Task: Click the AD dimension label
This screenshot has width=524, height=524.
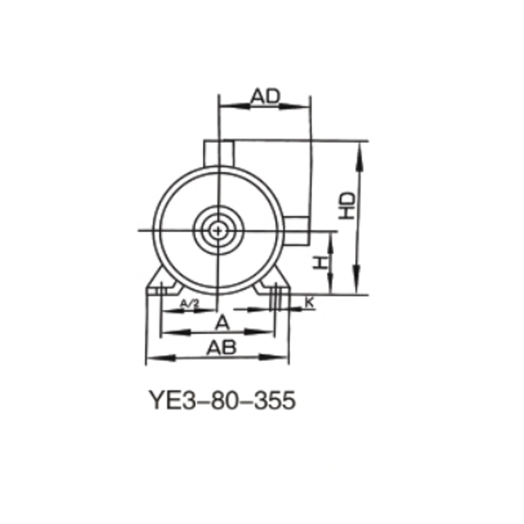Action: click(x=266, y=96)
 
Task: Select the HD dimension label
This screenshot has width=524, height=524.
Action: click(x=348, y=206)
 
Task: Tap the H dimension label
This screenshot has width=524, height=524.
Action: click(x=318, y=263)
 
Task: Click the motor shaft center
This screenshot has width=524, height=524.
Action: click(x=217, y=230)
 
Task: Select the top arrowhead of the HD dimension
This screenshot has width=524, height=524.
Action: click(x=358, y=147)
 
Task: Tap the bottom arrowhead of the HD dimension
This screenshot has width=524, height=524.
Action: click(x=358, y=289)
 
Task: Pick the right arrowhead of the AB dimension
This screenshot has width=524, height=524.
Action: click(x=283, y=358)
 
